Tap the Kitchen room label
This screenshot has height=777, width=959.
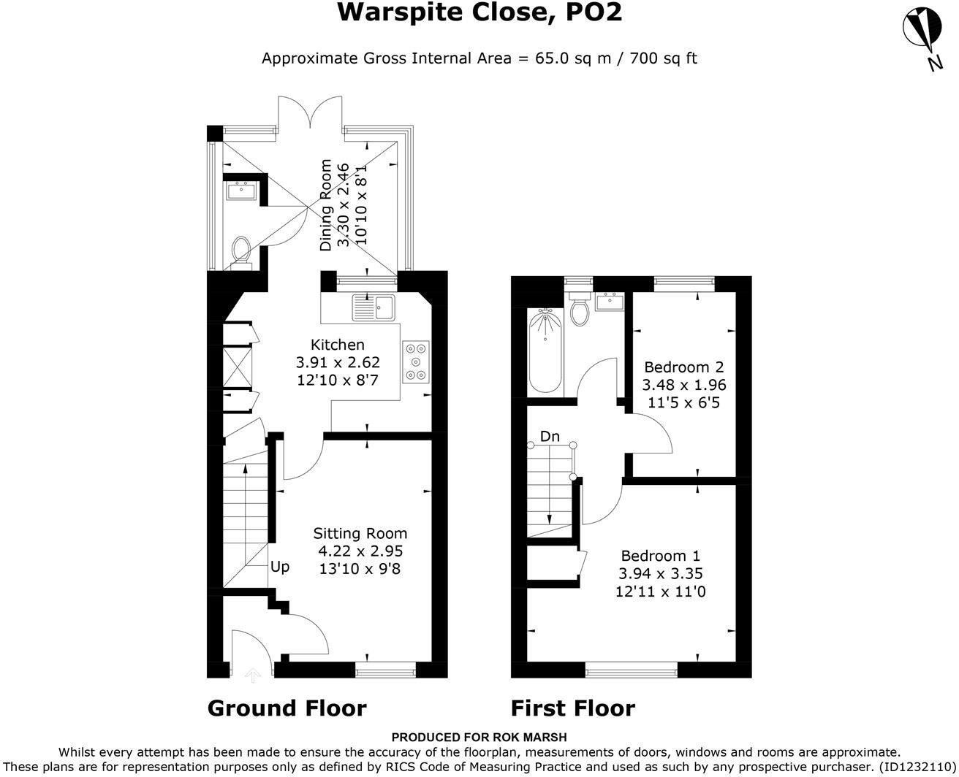coord(337,345)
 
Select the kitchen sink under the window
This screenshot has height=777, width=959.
coord(373,307)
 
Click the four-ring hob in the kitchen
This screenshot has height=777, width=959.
coord(416,361)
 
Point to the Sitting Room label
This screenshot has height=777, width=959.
coord(360,534)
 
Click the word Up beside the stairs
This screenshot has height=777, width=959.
coord(280,567)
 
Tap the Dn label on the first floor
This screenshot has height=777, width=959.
coord(550,437)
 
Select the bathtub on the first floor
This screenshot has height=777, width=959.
coord(545,350)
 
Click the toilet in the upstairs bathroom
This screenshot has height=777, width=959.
coord(580,311)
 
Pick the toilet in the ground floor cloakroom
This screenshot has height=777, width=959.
coord(240,250)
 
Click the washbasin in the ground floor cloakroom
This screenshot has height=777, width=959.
coord(240,191)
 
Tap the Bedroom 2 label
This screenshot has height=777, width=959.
coord(683,367)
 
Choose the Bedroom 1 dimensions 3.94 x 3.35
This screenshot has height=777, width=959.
coord(662,574)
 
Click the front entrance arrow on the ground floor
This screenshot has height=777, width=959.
coord(253,675)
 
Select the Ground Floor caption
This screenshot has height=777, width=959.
coord(287,708)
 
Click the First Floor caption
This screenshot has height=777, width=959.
coord(572,708)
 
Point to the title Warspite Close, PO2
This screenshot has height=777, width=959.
coord(479,12)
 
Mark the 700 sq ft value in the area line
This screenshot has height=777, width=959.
coord(662,58)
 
